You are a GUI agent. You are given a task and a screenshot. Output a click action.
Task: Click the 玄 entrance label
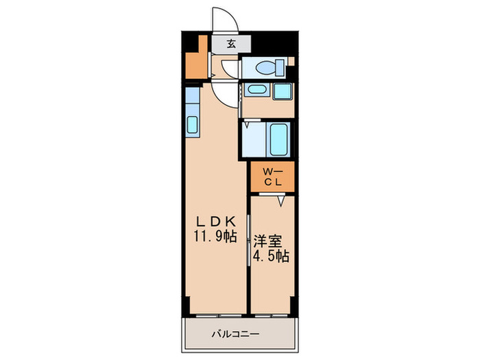[x=231, y=44]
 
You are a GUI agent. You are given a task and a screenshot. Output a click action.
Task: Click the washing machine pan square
[x=283, y=91]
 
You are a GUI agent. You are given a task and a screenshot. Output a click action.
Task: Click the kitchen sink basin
[x=192, y=125]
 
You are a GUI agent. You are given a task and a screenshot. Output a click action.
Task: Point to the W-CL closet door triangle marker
[x=281, y=201]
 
